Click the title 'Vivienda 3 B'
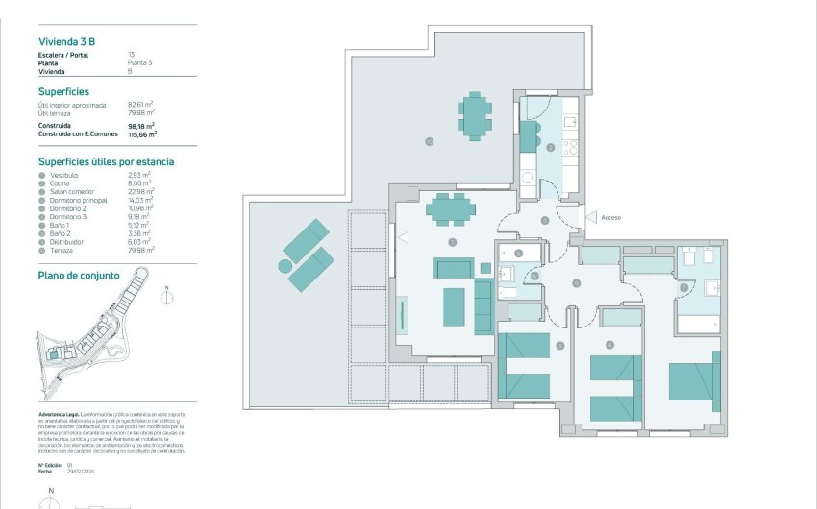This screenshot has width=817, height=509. point(66,41)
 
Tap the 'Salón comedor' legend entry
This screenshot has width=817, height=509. point(70,192)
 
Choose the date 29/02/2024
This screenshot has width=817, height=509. point(83,471)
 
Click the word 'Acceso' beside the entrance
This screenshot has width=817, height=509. point(610,218)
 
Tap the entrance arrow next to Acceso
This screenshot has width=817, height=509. point(590,218)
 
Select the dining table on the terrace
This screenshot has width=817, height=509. point(475,114)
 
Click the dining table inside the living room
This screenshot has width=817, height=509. point(450,208)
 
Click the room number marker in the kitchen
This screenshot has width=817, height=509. point(550,148)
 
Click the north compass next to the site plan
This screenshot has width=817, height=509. point(167,296)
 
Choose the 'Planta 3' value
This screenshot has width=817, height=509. point(140,63)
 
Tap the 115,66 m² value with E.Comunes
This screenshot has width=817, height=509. point(142,135)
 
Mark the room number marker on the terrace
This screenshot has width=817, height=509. point(429,142)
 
